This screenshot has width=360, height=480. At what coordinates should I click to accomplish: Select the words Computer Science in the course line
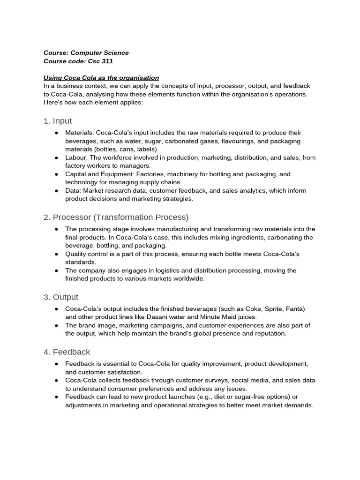click(x=99, y=52)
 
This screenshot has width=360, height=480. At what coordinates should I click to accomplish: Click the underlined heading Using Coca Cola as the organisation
click(x=101, y=77)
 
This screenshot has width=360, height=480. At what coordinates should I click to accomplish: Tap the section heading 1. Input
click(x=58, y=121)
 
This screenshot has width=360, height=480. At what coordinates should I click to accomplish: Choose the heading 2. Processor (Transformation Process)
click(x=116, y=217)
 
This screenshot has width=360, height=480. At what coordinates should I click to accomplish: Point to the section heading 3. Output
click(x=61, y=297)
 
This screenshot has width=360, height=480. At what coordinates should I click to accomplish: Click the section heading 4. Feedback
click(x=67, y=352)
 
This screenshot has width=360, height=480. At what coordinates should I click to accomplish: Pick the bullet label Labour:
click(x=76, y=157)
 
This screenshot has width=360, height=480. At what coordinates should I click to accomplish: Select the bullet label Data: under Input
click(x=73, y=190)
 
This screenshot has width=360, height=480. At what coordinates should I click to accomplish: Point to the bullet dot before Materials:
click(x=56, y=133)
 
